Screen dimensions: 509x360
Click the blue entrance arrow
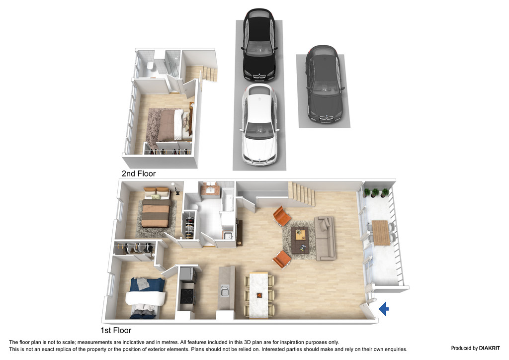[x=384, y=309]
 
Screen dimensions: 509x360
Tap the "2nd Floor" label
[x=139, y=174]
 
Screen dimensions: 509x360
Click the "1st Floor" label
[x=116, y=331]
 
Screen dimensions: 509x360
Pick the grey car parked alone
[x=324, y=85]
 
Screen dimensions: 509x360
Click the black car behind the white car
[x=259, y=45]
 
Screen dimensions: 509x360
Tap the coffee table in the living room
[x=300, y=240]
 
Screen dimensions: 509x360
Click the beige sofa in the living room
[x=325, y=238]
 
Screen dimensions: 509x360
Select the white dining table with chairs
[x=258, y=295]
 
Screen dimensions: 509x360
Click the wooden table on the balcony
[x=380, y=233]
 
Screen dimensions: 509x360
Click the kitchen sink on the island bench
[x=225, y=291]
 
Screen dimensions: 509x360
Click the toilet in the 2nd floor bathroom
[x=151, y=66]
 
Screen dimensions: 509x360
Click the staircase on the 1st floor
[x=302, y=194]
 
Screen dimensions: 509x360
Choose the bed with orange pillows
[x=157, y=208]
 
